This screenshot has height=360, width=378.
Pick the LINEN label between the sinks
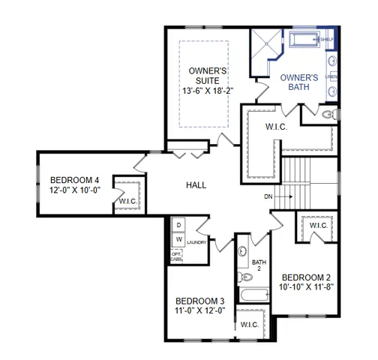pos(332,76)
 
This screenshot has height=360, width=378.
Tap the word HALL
pos(196,185)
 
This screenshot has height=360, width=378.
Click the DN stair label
pos(268,196)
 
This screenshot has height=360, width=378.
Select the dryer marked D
pos(179,225)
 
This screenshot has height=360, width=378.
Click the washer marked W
pos(179,240)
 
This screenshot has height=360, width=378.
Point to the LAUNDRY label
pos(196,243)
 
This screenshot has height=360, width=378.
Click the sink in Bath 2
pos(243,251)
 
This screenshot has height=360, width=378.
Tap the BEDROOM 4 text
pos(75,180)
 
